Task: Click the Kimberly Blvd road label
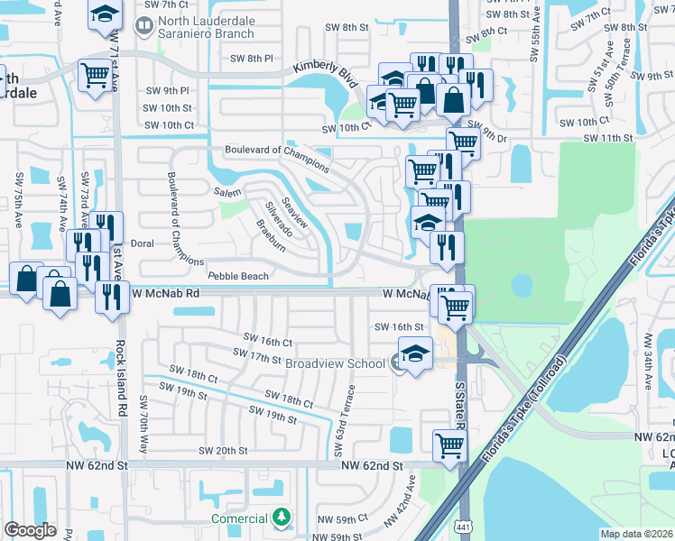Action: coord(324,74)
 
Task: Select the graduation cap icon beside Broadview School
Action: coord(415,353)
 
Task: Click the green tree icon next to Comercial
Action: coord(282,518)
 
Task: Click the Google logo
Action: coord(30,529)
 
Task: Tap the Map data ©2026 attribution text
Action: coord(636,533)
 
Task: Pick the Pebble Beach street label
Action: coord(237,276)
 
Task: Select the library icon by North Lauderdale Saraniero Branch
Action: coord(143,27)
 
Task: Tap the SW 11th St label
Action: coord(608,137)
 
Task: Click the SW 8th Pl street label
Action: coord(252,58)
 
